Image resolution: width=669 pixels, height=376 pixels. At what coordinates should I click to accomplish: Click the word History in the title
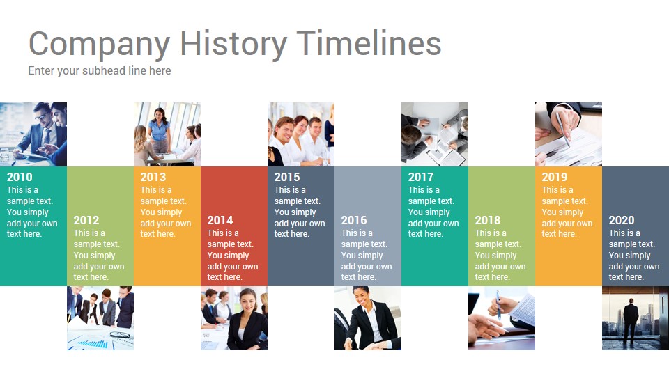click(x=233, y=44)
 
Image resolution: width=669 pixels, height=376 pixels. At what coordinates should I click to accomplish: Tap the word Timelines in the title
click(x=369, y=42)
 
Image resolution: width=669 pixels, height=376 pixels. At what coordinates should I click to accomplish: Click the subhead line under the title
click(x=100, y=71)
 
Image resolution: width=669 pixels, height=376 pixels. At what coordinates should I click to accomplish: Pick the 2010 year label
click(x=20, y=177)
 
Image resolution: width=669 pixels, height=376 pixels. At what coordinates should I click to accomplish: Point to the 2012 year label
click(x=86, y=220)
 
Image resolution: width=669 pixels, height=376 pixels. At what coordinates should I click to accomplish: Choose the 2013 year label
click(x=153, y=177)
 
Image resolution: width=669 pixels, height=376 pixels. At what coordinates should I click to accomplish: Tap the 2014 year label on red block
click(x=220, y=220)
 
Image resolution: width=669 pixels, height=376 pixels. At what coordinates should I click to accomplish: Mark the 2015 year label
click(x=287, y=177)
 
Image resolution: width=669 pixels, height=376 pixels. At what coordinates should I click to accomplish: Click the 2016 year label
click(x=354, y=220)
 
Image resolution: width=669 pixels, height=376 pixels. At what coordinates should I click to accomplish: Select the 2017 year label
click(x=421, y=177)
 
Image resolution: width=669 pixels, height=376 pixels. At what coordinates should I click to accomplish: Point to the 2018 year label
click(x=488, y=220)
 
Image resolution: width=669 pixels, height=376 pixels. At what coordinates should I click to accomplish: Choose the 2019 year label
click(x=555, y=177)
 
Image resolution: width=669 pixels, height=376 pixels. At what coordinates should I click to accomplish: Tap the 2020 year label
click(x=622, y=220)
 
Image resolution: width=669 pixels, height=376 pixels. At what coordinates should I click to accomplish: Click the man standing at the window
click(x=631, y=320)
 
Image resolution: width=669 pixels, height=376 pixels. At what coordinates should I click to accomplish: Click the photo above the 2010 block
click(x=33, y=134)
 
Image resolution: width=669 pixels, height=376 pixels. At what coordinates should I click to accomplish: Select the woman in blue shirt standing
click(x=160, y=130)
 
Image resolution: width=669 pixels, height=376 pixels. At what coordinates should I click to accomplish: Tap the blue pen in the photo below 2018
click(x=498, y=305)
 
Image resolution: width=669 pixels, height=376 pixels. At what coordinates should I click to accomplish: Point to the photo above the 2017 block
click(x=435, y=134)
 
